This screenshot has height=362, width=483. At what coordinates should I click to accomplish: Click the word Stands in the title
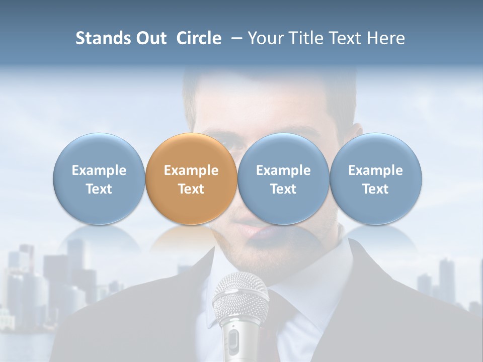point(102,38)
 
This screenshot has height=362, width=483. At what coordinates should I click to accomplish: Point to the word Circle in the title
point(199,38)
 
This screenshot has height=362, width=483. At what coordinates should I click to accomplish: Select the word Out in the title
point(150,38)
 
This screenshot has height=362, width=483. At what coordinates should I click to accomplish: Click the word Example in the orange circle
point(191,170)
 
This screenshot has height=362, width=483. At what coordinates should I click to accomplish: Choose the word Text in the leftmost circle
point(99,189)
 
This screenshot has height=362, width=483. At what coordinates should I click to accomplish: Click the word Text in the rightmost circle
point(375,189)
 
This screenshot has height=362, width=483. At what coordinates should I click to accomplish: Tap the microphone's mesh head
point(240,297)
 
